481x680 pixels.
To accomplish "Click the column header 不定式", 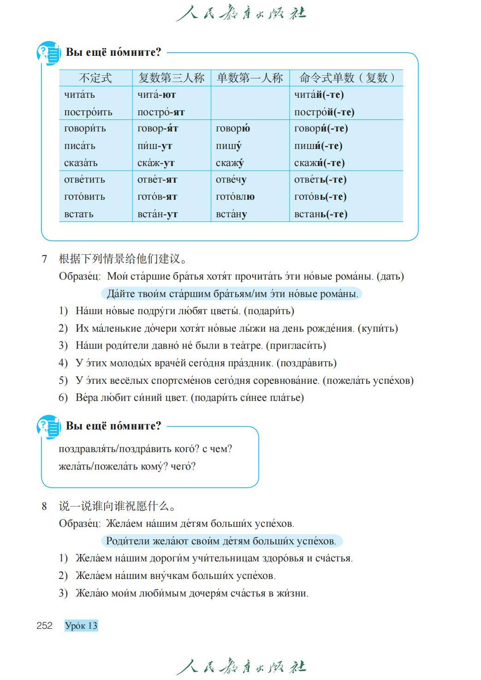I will click(x=95, y=78).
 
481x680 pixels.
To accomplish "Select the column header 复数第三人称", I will click(x=171, y=78).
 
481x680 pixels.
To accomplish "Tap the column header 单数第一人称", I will click(x=249, y=78).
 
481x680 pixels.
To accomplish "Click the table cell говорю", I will click(x=233, y=128).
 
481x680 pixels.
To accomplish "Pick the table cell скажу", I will click(x=230, y=163).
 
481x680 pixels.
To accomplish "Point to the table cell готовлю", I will click(x=235, y=197).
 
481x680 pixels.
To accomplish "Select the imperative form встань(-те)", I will click(x=321, y=214).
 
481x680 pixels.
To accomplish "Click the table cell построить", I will click(x=88, y=112).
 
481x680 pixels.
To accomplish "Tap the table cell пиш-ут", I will click(x=154, y=146).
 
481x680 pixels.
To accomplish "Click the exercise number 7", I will click(x=44, y=259).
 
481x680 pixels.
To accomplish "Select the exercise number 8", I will click(x=44, y=506).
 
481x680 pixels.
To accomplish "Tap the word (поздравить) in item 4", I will click(x=306, y=363).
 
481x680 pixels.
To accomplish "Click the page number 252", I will click(x=44, y=626).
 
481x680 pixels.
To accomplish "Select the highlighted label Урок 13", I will click(x=81, y=626).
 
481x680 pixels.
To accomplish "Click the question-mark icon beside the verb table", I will click(x=48, y=54).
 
